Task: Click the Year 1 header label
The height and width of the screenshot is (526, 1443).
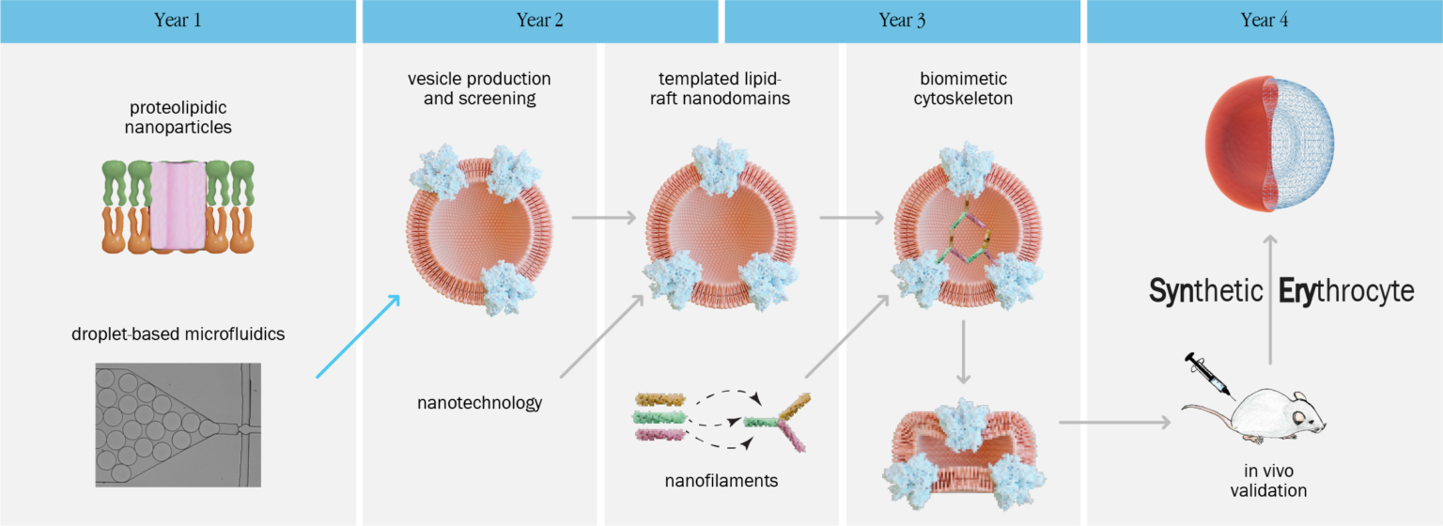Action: pyautogui.click(x=178, y=21)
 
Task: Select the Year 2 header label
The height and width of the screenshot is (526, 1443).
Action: pyautogui.click(x=540, y=21)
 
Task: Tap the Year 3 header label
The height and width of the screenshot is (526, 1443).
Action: pyautogui.click(x=902, y=21)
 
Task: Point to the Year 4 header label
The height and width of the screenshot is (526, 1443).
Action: pyautogui.click(x=1264, y=21)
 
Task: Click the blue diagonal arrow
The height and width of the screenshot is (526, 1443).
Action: pyautogui.click(x=358, y=336)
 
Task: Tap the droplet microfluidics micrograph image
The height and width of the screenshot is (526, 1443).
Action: pyautogui.click(x=178, y=425)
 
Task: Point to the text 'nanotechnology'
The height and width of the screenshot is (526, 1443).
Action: pyautogui.click(x=479, y=403)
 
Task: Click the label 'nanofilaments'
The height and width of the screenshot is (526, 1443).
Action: pyautogui.click(x=721, y=481)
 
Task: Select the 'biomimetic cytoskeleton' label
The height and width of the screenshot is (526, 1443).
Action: pyautogui.click(x=962, y=87)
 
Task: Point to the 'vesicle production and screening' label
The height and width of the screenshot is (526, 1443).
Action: pyautogui.click(x=479, y=87)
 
